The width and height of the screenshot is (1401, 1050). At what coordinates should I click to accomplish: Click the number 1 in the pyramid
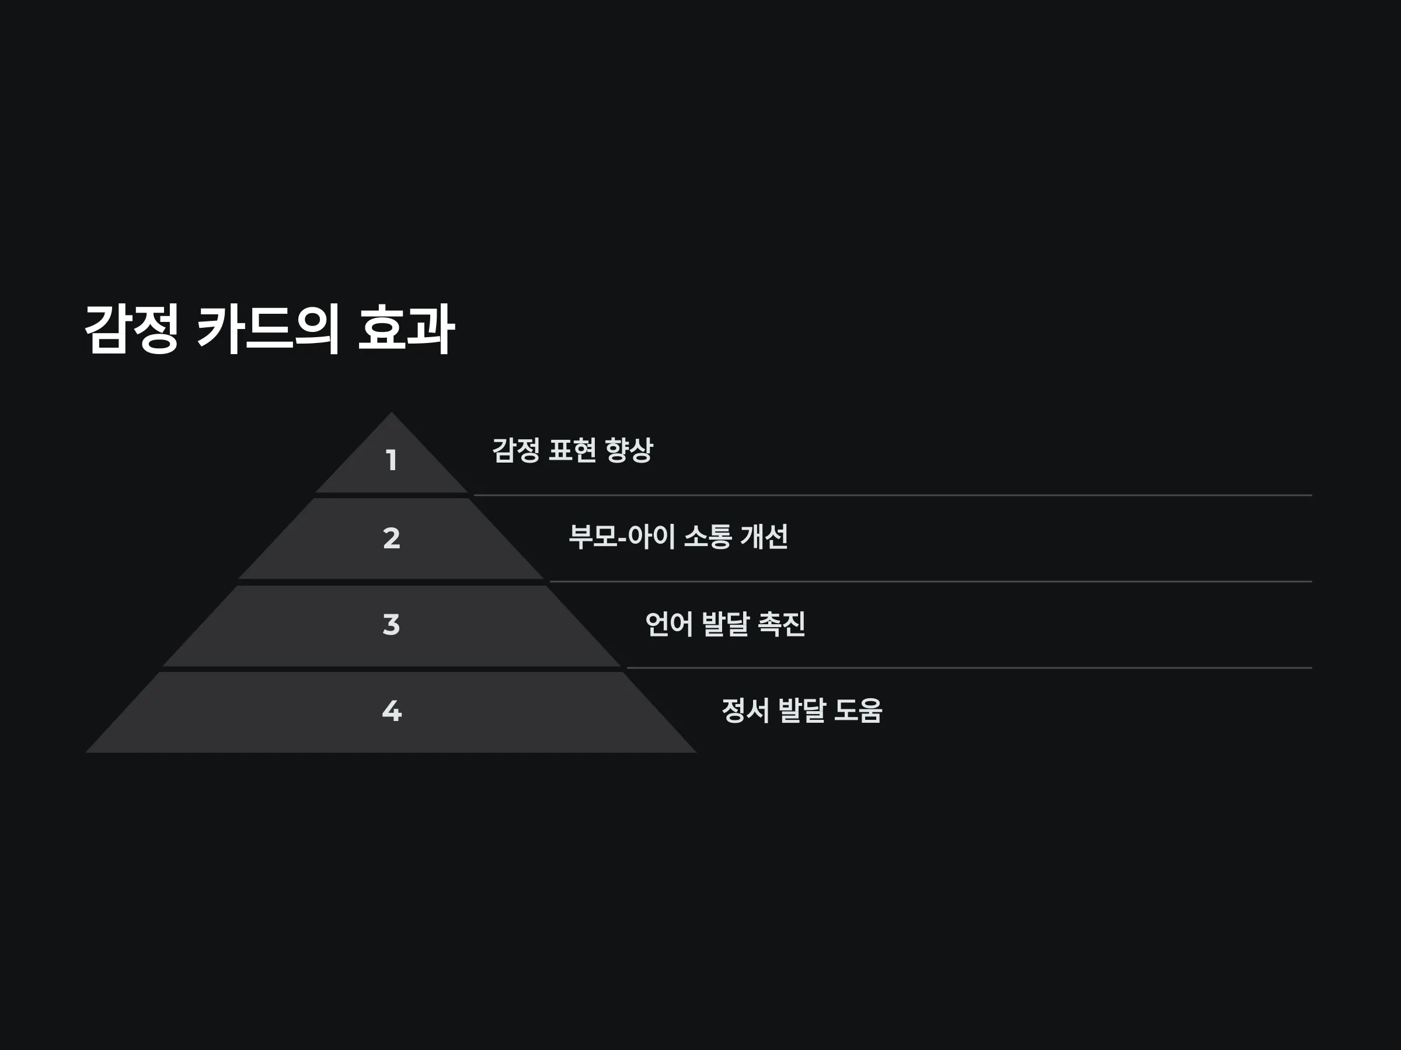pyautogui.click(x=392, y=460)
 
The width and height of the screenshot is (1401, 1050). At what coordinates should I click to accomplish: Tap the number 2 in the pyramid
pyautogui.click(x=392, y=538)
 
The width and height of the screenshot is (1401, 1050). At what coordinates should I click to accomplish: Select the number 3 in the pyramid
pyautogui.click(x=392, y=624)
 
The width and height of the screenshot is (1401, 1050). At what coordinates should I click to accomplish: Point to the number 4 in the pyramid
pyautogui.click(x=392, y=710)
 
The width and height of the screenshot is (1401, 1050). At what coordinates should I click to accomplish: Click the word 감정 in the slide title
pyautogui.click(x=131, y=328)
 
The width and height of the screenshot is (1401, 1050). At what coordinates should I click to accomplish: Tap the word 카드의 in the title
pyautogui.click(x=268, y=328)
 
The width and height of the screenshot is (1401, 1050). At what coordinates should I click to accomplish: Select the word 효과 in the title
pyautogui.click(x=406, y=328)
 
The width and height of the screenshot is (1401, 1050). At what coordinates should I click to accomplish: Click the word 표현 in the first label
pyautogui.click(x=572, y=450)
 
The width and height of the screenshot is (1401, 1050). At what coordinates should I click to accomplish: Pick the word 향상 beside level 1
pyautogui.click(x=628, y=450)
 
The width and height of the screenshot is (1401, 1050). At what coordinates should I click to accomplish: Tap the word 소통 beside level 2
pyautogui.click(x=708, y=537)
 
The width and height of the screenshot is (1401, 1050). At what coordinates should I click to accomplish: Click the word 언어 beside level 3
pyautogui.click(x=669, y=624)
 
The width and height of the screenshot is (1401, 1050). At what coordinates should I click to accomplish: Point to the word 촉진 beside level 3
pyautogui.click(x=782, y=624)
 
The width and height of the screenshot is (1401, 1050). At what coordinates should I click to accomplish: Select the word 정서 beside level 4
pyautogui.click(x=745, y=710)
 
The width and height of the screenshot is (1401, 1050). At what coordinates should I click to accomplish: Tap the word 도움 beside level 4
pyautogui.click(x=858, y=710)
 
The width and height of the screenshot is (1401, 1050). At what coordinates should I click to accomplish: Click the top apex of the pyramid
pyautogui.click(x=392, y=412)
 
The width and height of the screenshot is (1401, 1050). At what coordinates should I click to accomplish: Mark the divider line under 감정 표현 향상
pyautogui.click(x=893, y=495)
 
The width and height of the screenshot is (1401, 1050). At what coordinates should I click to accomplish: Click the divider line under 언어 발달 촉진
pyautogui.click(x=969, y=668)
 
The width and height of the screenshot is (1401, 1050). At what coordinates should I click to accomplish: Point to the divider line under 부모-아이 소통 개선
pyautogui.click(x=931, y=581)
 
